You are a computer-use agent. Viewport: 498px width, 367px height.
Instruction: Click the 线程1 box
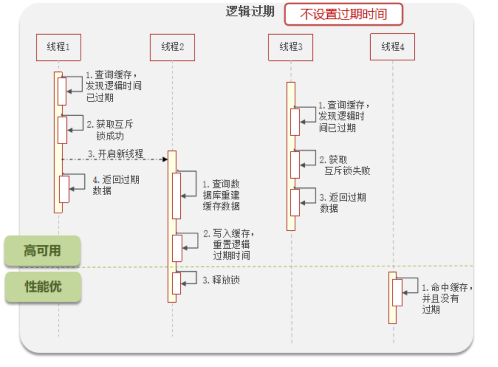point(58,47)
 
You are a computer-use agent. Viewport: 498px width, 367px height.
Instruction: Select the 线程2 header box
point(173,47)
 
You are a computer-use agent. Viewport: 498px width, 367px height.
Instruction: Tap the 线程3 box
point(290,47)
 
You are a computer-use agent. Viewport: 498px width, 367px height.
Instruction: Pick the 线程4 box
point(392,47)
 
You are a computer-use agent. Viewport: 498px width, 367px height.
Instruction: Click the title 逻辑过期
point(250,12)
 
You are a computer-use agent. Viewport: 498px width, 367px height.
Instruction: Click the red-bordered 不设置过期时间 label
point(343,14)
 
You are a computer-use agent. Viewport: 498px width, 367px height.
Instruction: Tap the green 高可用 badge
point(42,251)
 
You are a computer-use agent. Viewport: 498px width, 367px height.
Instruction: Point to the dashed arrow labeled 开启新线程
point(114,159)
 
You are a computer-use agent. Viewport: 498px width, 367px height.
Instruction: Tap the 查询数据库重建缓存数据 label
point(221,195)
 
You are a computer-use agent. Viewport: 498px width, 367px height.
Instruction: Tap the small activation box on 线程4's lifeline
point(397,293)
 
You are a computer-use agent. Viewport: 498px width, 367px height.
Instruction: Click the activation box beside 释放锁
point(176,283)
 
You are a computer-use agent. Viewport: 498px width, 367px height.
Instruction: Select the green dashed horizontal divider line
point(292,266)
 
